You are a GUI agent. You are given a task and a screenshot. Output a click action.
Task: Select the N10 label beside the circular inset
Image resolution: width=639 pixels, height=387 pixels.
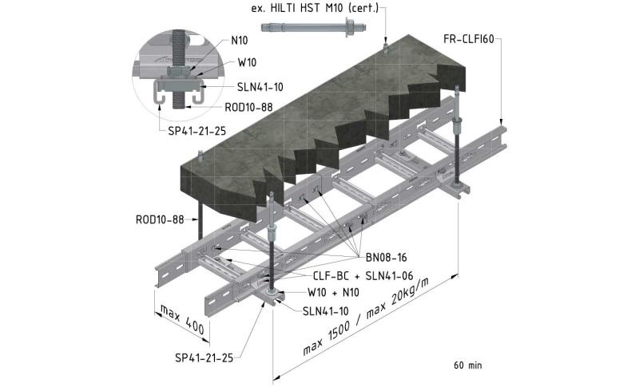pyautogui.click(x=239, y=40)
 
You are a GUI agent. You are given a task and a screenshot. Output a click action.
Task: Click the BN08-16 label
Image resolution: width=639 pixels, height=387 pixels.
pyautogui.click(x=386, y=256)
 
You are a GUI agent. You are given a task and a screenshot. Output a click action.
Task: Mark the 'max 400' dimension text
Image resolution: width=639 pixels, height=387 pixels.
pyautogui.click(x=182, y=318)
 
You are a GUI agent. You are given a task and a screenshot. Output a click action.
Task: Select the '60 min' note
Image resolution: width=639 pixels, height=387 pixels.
pyautogui.click(x=468, y=365)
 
